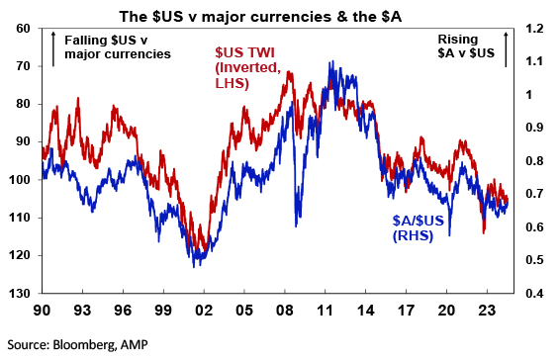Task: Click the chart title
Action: (x=260, y=17)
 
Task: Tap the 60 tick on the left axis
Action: (x=24, y=29)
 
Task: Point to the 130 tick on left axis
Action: (x=21, y=293)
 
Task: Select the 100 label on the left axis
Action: (x=21, y=180)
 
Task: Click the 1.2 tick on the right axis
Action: (x=534, y=29)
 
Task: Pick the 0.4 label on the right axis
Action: (x=534, y=293)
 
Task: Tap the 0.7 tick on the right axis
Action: (x=534, y=194)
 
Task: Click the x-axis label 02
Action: (x=204, y=310)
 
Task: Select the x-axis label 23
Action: (x=487, y=310)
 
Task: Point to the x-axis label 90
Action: (x=43, y=310)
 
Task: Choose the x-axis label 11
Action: (x=325, y=310)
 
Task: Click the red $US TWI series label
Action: (x=248, y=68)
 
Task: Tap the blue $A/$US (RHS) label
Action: (x=419, y=228)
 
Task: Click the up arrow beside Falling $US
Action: (x=53, y=48)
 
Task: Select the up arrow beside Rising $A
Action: (x=506, y=48)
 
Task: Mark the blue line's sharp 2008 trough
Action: (x=296, y=226)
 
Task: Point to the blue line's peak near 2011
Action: (x=332, y=61)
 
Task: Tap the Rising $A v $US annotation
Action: (x=466, y=46)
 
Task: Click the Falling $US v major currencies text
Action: (x=118, y=47)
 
